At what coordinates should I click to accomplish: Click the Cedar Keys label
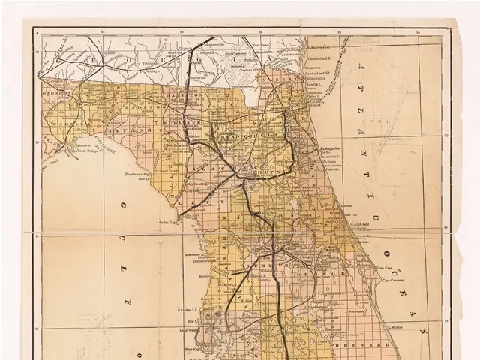(166, 222)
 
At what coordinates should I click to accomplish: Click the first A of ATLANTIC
(361, 68)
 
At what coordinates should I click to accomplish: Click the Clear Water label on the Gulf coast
(190, 329)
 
